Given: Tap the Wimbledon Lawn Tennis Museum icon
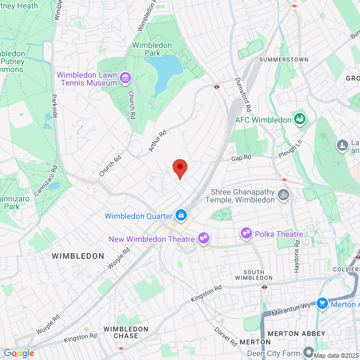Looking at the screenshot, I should tap(125, 77).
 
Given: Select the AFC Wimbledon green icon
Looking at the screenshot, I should tap(300, 119).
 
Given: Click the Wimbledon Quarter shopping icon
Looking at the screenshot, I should tap(181, 215).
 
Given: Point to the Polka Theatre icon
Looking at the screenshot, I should tap(245, 232).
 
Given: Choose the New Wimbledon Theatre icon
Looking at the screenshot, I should tap(204, 239).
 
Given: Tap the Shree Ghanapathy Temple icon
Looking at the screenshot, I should tap(284, 196).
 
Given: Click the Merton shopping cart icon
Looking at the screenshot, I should tap(322, 303).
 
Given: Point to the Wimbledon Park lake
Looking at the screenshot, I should tap(168, 71).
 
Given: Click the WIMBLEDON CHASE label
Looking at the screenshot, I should tap(125, 332).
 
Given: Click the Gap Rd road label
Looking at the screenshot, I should tap(240, 159).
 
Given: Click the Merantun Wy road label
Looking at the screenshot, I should tap(291, 305).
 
